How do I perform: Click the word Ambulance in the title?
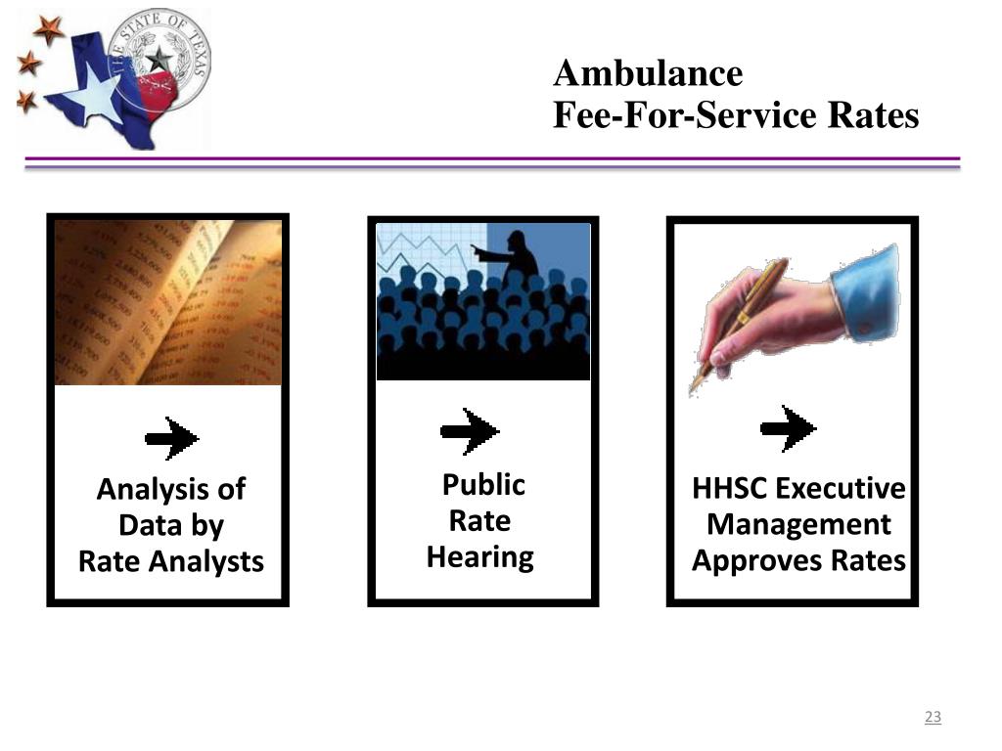648,73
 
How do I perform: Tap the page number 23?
933,718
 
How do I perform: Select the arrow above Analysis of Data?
172,438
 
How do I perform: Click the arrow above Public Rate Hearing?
470,430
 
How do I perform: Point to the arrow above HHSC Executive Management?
788,428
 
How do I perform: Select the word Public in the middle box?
483,485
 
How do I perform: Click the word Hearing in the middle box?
479,557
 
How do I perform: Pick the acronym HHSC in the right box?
730,488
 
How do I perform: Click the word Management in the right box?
798,525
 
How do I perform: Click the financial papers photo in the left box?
167,302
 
